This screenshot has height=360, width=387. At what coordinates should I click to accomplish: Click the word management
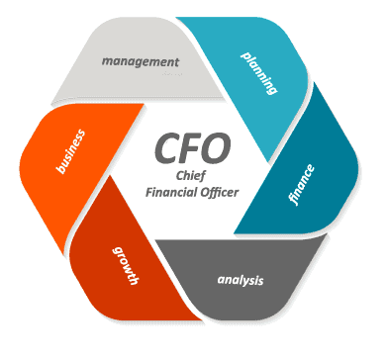tap(145, 61)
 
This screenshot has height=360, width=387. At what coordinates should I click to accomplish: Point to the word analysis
tap(241, 280)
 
